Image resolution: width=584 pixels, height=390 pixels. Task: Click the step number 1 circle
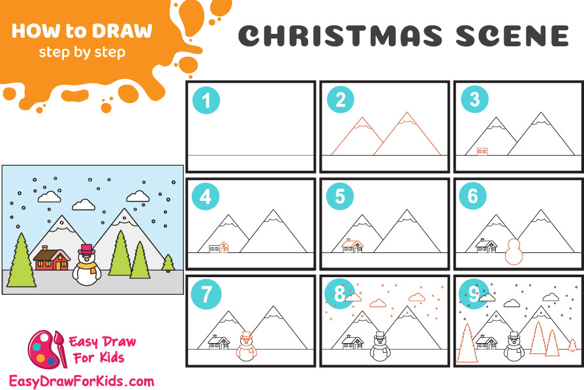pos(206,100)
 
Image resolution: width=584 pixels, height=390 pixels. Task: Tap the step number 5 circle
pos(340,196)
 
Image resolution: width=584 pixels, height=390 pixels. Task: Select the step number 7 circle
pos(206,293)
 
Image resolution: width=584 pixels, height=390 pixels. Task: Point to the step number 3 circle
pos(474,99)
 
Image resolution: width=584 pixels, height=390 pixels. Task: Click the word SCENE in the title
pos(512,36)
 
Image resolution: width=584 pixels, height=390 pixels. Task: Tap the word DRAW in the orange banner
pos(123,31)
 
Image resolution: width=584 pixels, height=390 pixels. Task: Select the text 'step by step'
pos(82,52)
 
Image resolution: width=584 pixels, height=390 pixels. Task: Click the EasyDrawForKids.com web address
pos(82,382)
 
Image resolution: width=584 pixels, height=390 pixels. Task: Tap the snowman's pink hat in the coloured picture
pos(86,249)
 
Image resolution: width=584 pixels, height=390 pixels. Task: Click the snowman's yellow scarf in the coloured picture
pos(88,267)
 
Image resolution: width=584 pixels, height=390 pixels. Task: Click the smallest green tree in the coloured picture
pos(168,263)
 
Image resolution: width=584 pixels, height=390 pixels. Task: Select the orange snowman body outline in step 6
pos(514,252)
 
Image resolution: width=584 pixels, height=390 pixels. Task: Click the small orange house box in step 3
pos(482,151)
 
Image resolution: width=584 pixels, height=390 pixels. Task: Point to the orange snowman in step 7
pos(246,346)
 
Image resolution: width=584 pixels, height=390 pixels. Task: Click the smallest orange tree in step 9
pos(572,346)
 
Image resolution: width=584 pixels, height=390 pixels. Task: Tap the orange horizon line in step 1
pos(251,155)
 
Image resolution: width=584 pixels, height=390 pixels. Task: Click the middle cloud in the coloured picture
pos(84,205)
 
